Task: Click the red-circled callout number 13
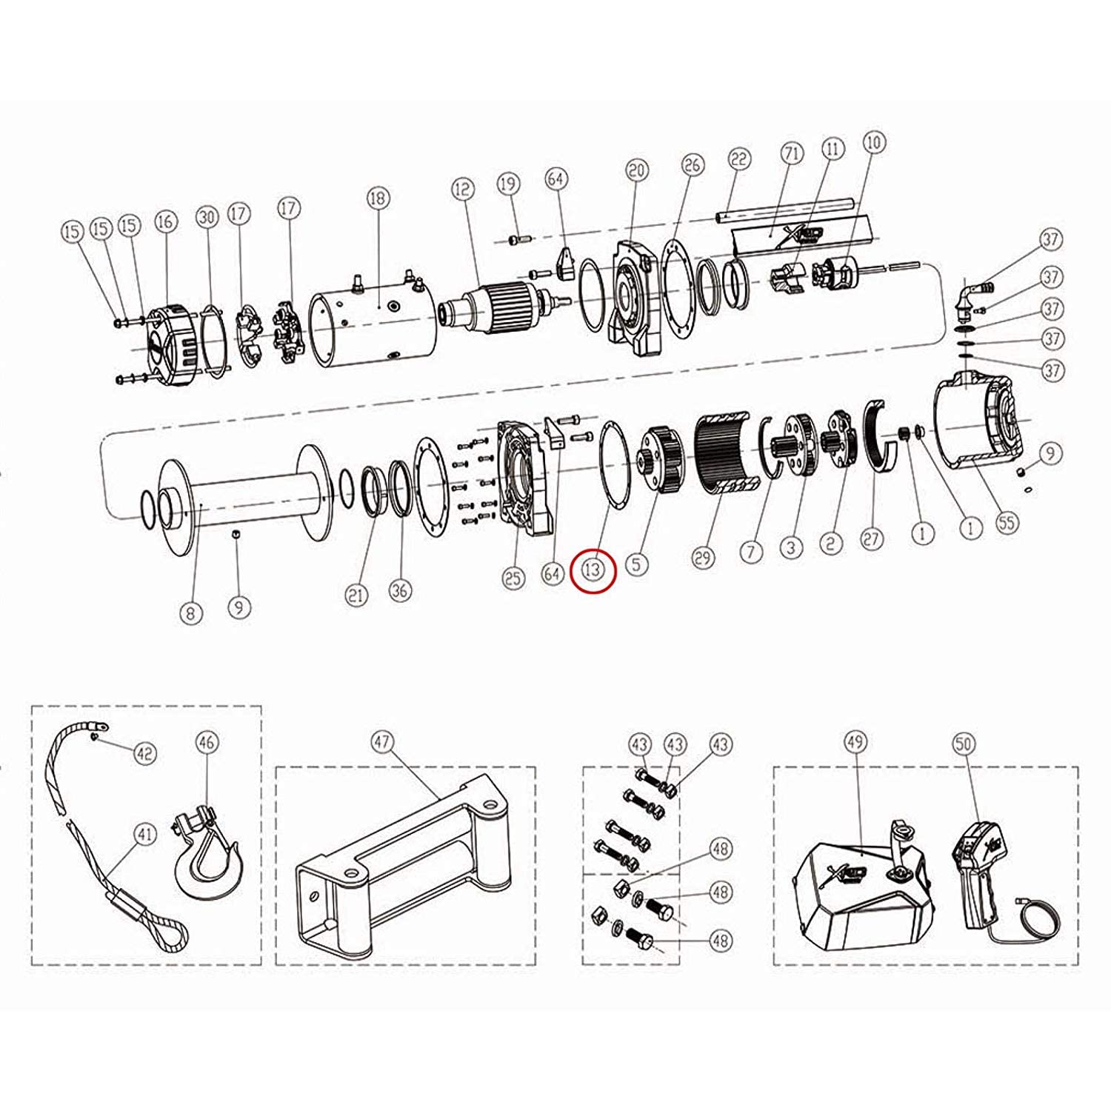coord(593,570)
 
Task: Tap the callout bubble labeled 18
coord(378,198)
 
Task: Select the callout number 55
coord(1007,523)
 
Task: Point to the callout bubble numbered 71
coord(792,154)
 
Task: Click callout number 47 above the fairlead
coord(381,742)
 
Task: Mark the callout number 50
coord(964,744)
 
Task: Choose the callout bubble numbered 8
coord(190,613)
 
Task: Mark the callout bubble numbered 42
coord(145,753)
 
